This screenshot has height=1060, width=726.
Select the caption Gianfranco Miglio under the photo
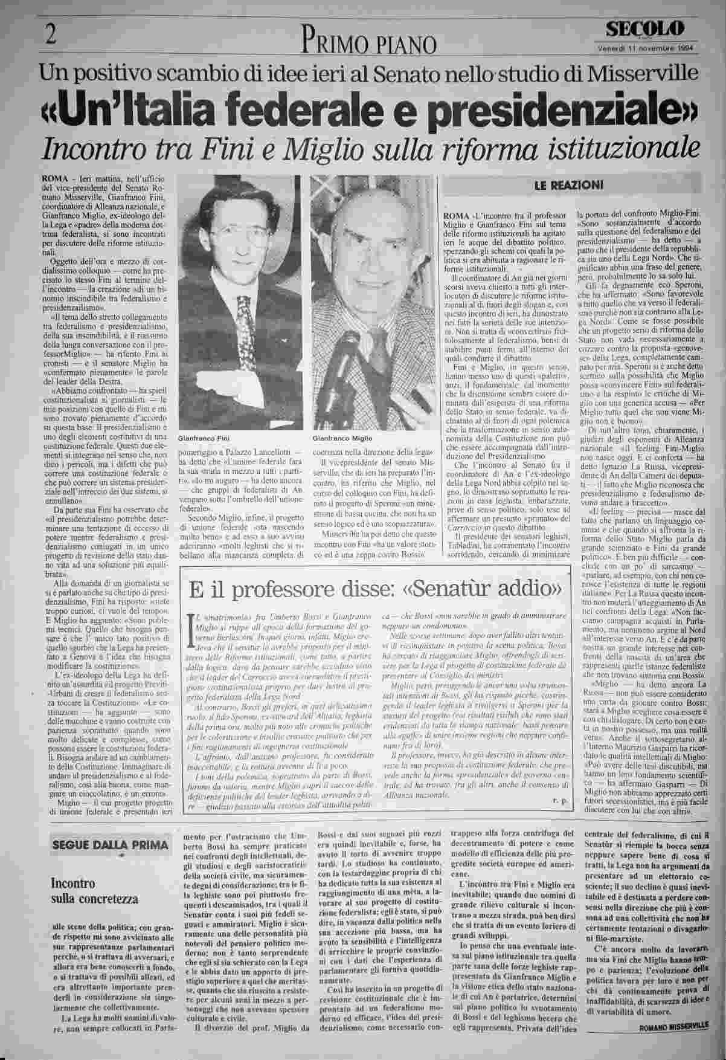pyautogui.click(x=342, y=438)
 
